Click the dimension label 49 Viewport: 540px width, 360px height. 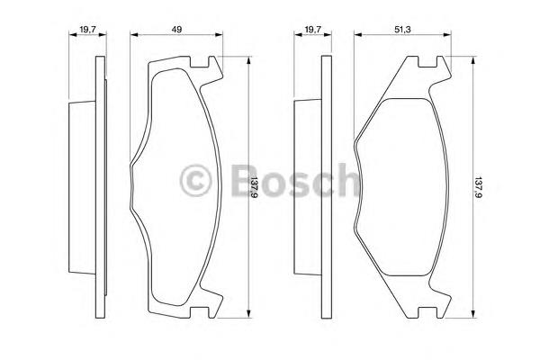coord(176,30)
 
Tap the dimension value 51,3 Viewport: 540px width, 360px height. coord(402,30)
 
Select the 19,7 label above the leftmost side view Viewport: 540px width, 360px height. coord(87,30)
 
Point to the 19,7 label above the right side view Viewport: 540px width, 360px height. coord(312,30)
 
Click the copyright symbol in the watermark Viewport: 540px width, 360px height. coord(195,181)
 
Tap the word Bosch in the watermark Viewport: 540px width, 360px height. coord(295,180)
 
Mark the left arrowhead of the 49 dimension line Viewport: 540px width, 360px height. coord(134,34)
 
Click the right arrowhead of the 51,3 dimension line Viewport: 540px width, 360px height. coord(447,34)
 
